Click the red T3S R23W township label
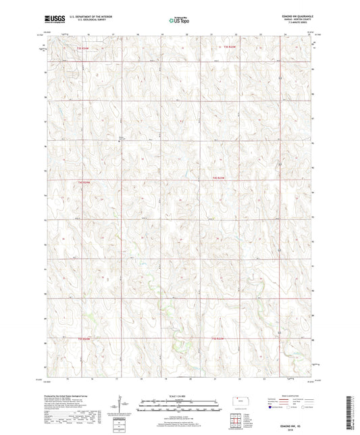[231, 46]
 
